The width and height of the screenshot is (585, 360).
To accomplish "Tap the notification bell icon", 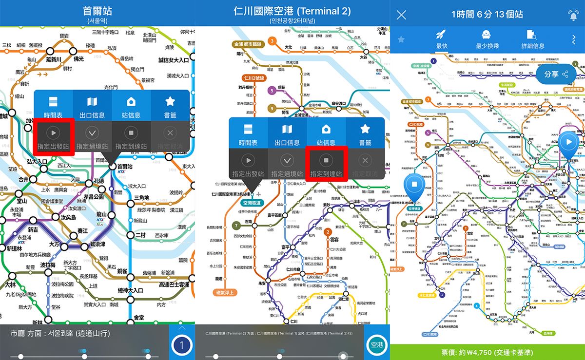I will coord(573,15).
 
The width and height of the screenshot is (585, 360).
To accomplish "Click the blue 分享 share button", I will coord(556,74).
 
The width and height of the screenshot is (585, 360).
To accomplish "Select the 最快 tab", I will coord(442,39).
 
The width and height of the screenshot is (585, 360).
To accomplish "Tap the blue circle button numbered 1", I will coord(181,346).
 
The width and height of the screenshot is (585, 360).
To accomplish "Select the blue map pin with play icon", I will coord(568,142).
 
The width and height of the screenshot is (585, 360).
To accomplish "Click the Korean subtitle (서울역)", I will coord(97,21).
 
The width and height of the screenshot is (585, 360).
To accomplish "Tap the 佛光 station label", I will coord(79,59).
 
